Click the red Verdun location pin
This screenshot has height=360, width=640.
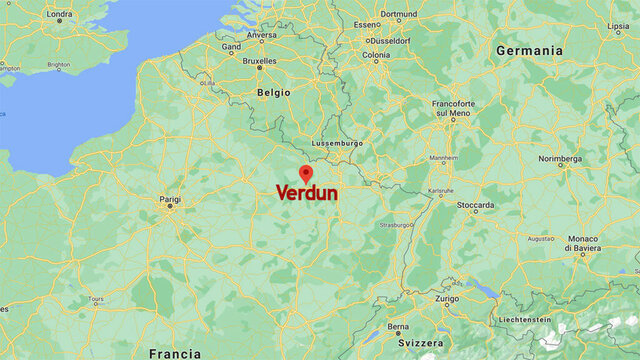(306, 173)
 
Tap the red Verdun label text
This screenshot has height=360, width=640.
(306, 193)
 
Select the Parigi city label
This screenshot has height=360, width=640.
(170, 200)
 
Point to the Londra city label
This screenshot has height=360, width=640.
(59, 14)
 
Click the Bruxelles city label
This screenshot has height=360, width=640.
(259, 60)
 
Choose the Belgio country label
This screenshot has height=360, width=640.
(273, 92)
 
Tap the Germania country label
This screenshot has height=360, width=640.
(529, 50)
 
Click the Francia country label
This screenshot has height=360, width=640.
(175, 353)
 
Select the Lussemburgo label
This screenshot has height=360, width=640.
(337, 143)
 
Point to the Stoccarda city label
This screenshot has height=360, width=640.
(475, 204)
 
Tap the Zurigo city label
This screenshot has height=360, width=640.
(447, 298)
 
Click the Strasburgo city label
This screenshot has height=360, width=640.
(396, 225)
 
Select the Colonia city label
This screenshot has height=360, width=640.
(376, 55)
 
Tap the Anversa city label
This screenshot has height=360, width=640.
(262, 35)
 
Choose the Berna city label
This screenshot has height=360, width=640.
(399, 326)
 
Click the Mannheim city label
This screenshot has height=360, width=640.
(444, 158)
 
